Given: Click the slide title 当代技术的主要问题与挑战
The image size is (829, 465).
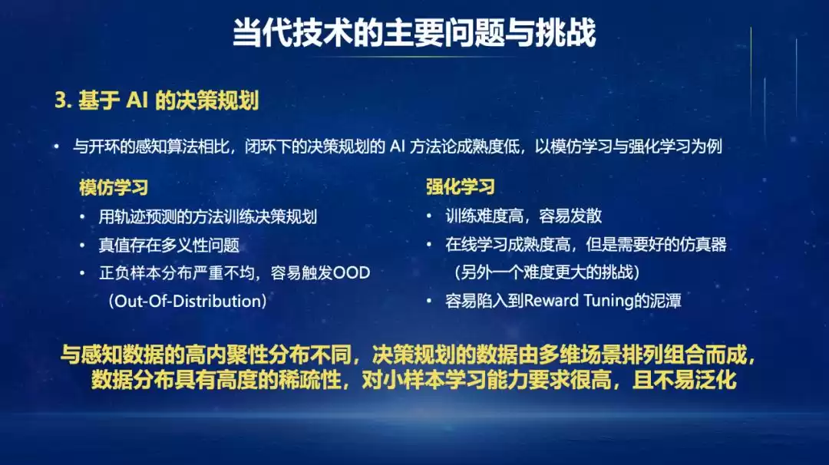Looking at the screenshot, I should pos(414,33).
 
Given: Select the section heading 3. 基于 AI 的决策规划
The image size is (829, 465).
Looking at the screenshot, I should pos(157,101).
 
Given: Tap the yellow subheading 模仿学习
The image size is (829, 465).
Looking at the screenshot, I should pos(114,187).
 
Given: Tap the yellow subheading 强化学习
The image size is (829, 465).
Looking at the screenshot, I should pos(461,187).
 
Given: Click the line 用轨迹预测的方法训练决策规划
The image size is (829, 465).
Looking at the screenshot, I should pos(208,216).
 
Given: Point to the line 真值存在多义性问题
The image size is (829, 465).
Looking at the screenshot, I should pos(169,245).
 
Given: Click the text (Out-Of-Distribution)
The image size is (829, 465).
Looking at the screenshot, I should pos(188,301).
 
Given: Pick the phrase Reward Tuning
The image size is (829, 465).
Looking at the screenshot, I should pos(573,301).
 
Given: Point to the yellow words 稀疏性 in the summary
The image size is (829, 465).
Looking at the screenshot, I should pos(312,381).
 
